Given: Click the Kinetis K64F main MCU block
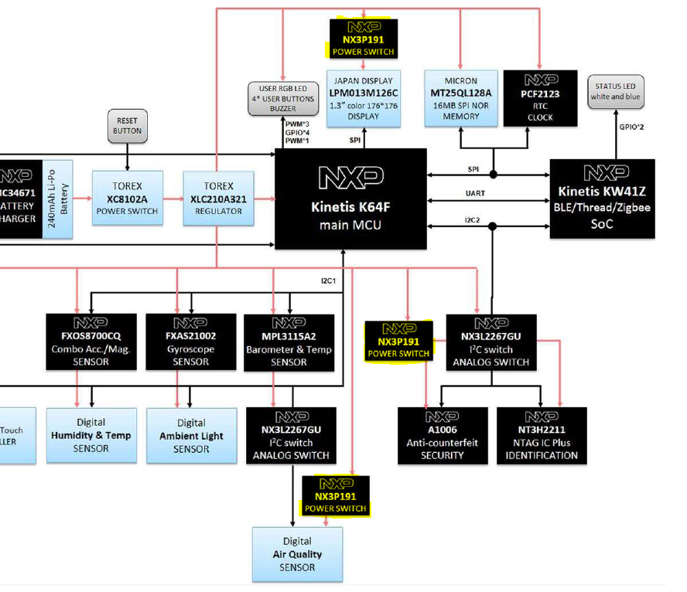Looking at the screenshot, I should (350, 199).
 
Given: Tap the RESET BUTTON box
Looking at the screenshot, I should (127, 126).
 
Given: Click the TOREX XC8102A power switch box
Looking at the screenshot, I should (127, 198).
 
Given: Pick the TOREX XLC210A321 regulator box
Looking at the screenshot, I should (218, 198).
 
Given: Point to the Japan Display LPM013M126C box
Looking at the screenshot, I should (363, 98).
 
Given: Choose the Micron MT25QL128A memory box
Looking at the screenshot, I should (460, 98).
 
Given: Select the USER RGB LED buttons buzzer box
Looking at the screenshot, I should (283, 99).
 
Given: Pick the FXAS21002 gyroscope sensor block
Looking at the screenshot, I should (190, 340).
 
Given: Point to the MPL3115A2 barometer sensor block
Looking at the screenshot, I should (289, 340).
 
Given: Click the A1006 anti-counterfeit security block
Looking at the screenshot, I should (443, 436).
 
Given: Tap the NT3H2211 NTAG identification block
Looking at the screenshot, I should (542, 436).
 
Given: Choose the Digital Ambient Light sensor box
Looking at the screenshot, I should (191, 436).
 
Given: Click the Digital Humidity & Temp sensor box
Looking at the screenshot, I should (91, 436).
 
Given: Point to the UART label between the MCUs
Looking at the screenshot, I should (475, 193).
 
